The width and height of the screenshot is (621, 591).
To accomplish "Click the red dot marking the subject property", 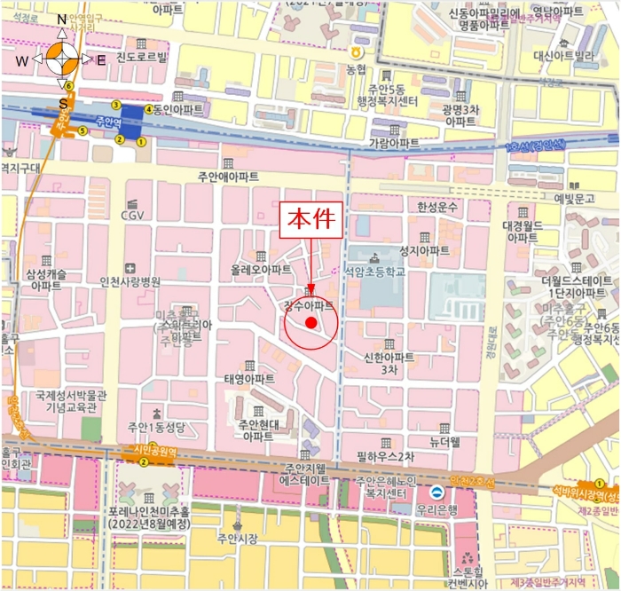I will pyautogui.click(x=310, y=322).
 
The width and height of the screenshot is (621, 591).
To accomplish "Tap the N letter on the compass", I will pyautogui.click(x=61, y=19).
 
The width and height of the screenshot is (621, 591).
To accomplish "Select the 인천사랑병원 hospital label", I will pyautogui.click(x=130, y=281).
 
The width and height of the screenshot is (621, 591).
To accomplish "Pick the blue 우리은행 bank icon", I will pyautogui.click(x=436, y=492).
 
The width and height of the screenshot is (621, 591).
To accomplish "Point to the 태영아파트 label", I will pyautogui.click(x=248, y=378).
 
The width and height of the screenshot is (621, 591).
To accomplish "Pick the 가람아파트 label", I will pyautogui.click(x=394, y=143).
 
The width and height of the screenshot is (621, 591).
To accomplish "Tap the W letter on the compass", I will pyautogui.click(x=22, y=60).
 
